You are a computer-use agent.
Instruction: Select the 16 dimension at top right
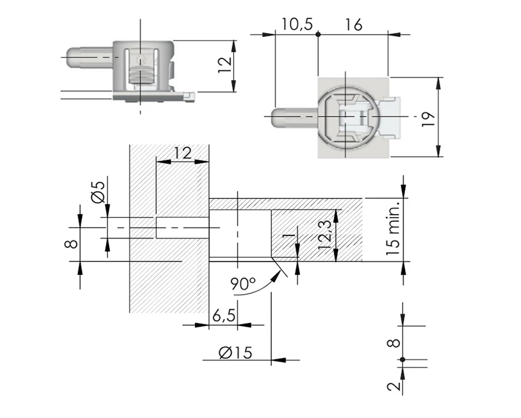pyautogui.click(x=353, y=25)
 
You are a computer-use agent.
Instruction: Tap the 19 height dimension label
pyautogui.click(x=430, y=117)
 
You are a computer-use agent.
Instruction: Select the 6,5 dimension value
pyautogui.click(x=223, y=316)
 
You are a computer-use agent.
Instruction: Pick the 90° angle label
pyautogui.click(x=242, y=284)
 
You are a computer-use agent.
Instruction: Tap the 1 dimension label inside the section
pyautogui.click(x=286, y=237)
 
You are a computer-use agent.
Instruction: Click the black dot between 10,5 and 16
pyautogui.click(x=318, y=35)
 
